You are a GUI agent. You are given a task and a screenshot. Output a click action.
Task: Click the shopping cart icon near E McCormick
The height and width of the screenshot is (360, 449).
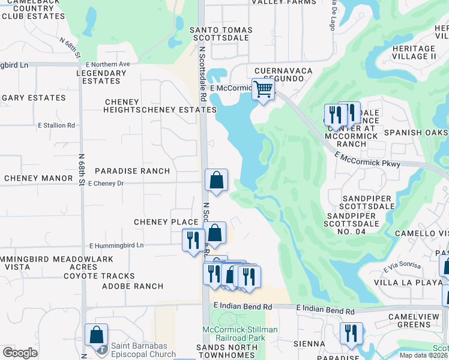pos(263,89)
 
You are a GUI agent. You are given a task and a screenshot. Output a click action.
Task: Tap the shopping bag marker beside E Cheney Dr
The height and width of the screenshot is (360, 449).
pos(216,180)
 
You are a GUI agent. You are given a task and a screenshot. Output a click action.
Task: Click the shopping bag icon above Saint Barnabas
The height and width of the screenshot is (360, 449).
pos(96,335)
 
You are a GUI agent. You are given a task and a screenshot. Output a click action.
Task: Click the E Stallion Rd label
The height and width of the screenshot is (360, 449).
pos(56,126)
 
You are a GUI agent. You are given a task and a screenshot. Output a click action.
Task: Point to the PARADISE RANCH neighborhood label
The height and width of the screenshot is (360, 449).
pos(132,171)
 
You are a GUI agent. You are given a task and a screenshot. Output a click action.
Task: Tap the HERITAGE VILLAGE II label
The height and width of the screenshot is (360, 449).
pos(413,52)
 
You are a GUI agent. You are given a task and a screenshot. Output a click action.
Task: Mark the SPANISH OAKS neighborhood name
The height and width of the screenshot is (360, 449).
pos(416,132)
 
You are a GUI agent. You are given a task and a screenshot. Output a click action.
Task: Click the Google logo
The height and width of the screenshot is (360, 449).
pos(20,353)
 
